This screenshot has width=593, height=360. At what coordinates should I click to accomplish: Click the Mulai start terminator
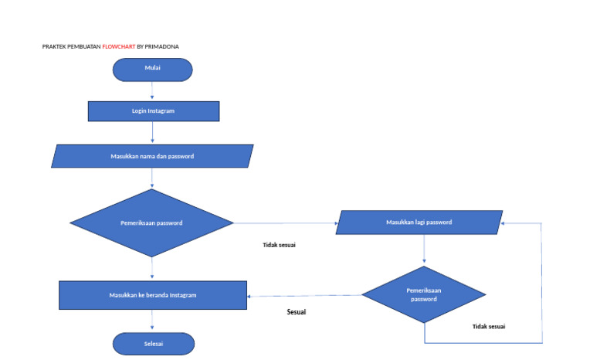[152, 69]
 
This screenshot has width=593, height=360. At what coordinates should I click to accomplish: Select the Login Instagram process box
[153, 111]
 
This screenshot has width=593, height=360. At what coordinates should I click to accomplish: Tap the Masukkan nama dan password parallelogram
[152, 156]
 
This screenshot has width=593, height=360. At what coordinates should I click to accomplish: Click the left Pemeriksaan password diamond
[152, 223]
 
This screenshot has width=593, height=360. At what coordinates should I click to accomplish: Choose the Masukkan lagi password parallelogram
[419, 222]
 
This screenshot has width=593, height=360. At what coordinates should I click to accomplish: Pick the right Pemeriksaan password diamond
[424, 294]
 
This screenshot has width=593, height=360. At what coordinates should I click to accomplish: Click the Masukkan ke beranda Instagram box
[153, 295]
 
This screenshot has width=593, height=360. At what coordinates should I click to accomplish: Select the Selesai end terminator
[153, 343]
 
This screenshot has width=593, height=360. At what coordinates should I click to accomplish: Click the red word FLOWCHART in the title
[118, 46]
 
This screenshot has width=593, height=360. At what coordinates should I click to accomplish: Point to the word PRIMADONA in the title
[162, 46]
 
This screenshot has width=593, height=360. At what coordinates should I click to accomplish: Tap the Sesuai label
[296, 312]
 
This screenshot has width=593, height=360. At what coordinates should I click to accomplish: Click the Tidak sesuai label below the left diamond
[279, 245]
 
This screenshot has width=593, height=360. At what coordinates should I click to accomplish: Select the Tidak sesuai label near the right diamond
[489, 326]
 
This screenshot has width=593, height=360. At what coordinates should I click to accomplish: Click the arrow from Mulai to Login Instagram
[152, 91]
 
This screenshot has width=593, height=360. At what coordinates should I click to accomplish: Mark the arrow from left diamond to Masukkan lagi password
[286, 223]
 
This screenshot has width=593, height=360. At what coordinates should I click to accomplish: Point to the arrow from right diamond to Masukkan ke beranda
[305, 295]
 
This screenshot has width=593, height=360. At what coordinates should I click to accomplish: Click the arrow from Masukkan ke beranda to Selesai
[152, 321]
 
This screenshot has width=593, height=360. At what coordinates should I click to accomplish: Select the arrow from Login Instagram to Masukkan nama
[152, 133]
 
